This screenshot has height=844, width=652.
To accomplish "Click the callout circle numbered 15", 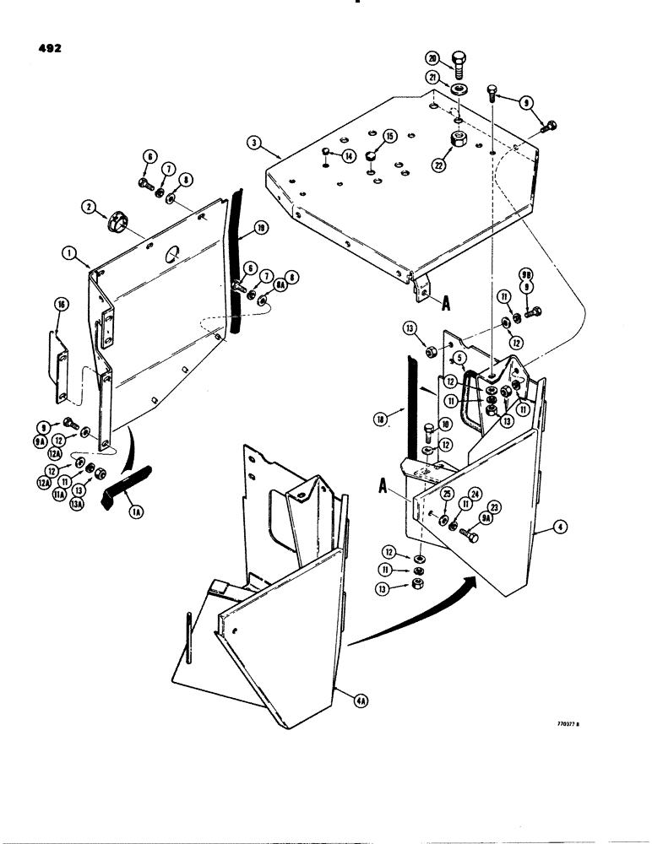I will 389,135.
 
